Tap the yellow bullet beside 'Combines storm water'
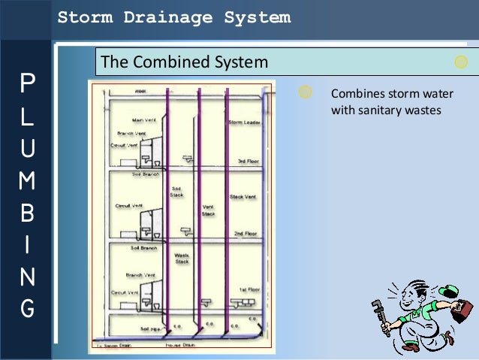(305, 92)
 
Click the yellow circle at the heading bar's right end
(461, 62)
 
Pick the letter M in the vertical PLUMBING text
(26, 180)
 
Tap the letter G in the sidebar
(26, 308)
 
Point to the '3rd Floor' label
(248, 161)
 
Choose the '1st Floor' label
(248, 289)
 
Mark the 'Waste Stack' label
(182, 259)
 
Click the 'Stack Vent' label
(243, 197)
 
